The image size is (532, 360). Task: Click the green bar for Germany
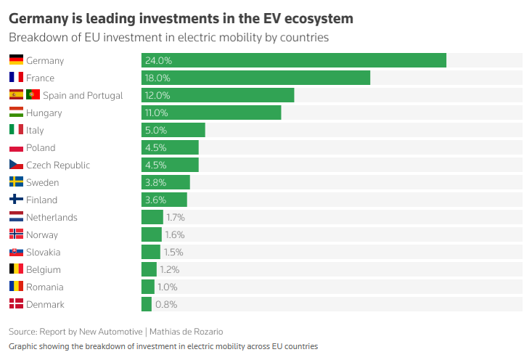[x=294, y=60]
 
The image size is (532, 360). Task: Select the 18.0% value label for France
[x=157, y=78]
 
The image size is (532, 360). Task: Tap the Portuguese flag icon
[x=33, y=94]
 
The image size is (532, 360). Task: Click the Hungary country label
[x=44, y=113]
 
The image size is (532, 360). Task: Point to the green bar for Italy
[x=173, y=130]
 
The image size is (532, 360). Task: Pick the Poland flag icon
[x=16, y=147]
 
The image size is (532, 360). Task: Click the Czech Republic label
[x=58, y=165]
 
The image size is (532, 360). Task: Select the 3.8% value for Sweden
[x=156, y=183]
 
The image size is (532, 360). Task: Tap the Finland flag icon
[x=16, y=199]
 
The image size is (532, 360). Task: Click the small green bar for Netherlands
[x=152, y=217]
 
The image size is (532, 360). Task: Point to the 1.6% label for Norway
[x=175, y=234]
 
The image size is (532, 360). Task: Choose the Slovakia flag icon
[x=16, y=252]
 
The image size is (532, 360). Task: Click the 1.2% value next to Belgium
[x=170, y=270]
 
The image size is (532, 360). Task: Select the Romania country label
[x=45, y=287]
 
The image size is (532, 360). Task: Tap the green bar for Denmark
[x=147, y=304]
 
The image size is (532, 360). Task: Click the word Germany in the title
[x=38, y=19]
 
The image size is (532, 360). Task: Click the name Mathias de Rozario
[x=187, y=332]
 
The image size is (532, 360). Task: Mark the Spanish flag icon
[x=16, y=94]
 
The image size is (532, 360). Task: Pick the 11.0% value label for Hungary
[x=157, y=113]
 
